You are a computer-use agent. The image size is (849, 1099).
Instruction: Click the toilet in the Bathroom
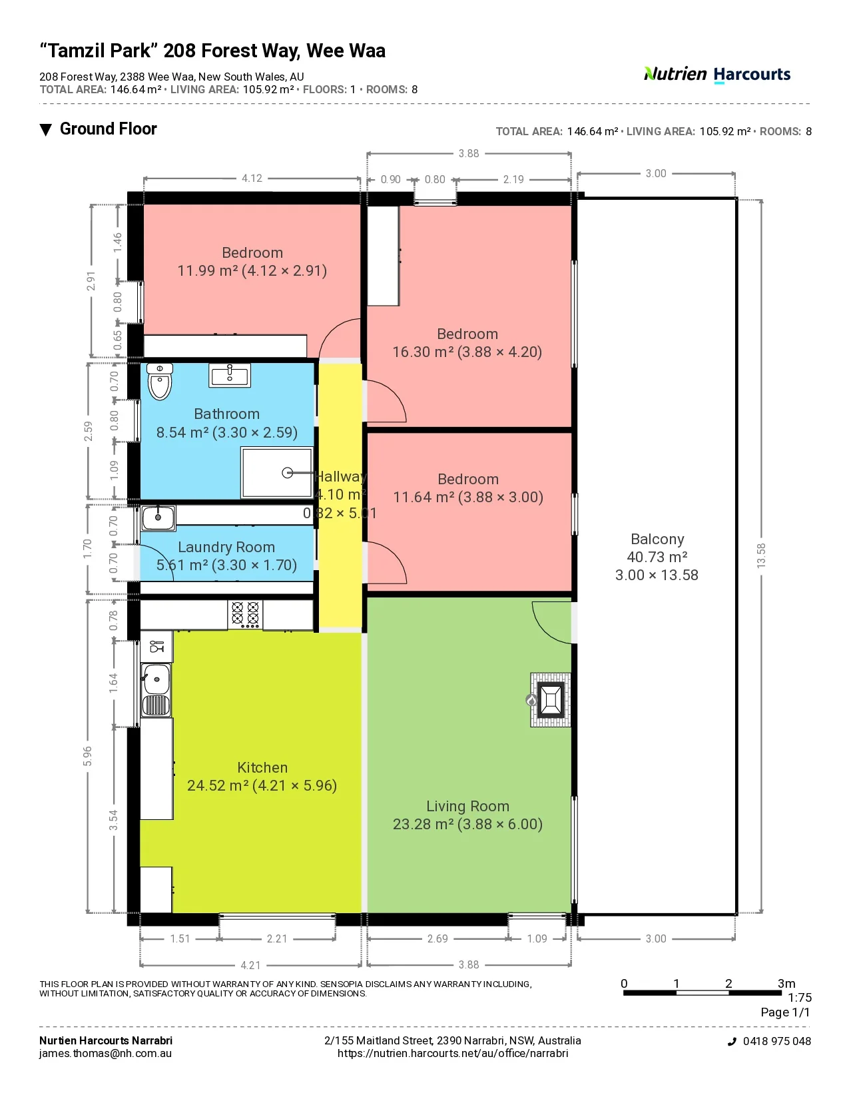(x=160, y=382)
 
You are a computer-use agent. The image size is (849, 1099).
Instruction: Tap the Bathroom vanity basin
(x=230, y=375)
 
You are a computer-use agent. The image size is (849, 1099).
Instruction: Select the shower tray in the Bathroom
(x=276, y=472)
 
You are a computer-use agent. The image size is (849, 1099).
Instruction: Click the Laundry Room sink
(x=158, y=518)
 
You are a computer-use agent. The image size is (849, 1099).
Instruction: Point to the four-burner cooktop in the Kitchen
(x=245, y=614)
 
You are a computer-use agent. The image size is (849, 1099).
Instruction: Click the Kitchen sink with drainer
(x=156, y=690)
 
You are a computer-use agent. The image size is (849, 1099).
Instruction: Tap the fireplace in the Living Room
(x=550, y=700)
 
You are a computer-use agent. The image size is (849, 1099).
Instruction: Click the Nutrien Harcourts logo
(x=717, y=75)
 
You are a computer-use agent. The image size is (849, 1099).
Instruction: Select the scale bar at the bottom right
(x=703, y=993)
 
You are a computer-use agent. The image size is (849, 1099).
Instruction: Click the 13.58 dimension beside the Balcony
(x=761, y=555)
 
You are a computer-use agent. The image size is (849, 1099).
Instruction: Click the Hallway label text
(x=340, y=476)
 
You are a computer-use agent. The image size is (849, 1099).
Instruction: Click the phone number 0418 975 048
(x=776, y=1041)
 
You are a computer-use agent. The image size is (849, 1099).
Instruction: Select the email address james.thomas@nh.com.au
(x=106, y=1054)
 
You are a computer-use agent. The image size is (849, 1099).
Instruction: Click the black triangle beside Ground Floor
(x=46, y=130)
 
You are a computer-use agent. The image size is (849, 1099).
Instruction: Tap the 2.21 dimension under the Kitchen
(x=277, y=938)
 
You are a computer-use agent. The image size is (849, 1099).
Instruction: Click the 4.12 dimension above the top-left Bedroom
(x=252, y=178)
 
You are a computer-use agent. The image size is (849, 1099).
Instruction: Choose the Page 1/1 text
(x=785, y=1012)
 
